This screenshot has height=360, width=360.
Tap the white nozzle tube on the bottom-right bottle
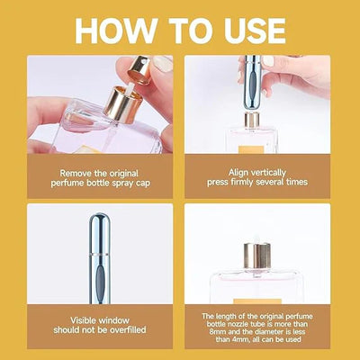[x=255, y=246]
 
